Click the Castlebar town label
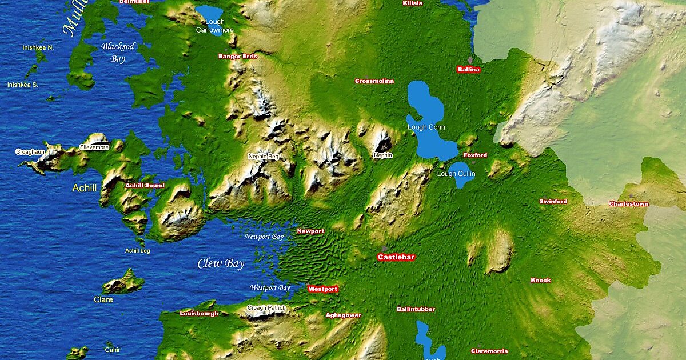click(x=396, y=258)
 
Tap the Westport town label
click(x=322, y=289)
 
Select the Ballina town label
click(x=469, y=70)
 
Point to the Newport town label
click(x=310, y=231)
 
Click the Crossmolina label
click(x=374, y=81)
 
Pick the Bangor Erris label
click(x=238, y=57)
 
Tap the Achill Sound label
click(x=145, y=186)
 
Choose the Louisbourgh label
click(x=199, y=314)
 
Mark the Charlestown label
click(x=628, y=204)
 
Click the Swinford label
click(x=553, y=202)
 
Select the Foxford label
click(x=475, y=155)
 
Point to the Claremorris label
click(x=489, y=351)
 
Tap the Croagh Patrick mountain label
click(x=266, y=308)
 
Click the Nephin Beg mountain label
click(x=263, y=156)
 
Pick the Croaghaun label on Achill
click(x=30, y=152)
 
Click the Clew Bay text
click(x=221, y=264)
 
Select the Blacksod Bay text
click(x=118, y=51)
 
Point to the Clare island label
click(x=103, y=299)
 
